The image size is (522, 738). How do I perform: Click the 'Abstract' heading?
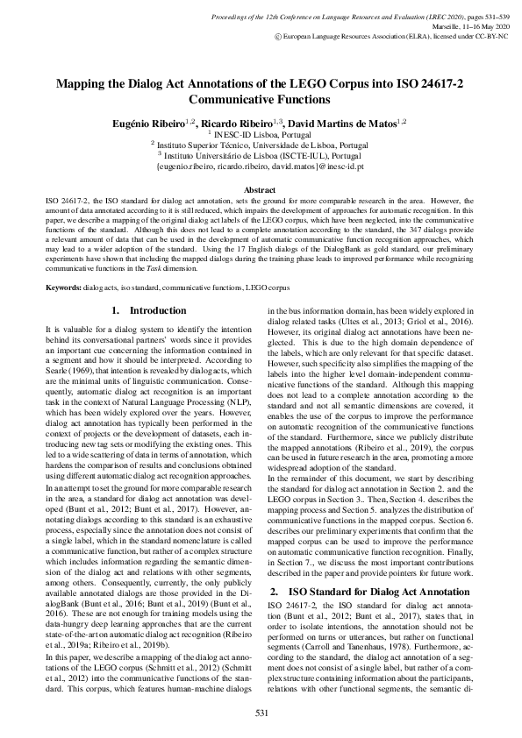[261, 189]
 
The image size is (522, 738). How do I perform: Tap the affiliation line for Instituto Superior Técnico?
[261, 145]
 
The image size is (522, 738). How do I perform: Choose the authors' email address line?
[261, 165]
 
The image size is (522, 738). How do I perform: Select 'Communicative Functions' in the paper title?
[261, 101]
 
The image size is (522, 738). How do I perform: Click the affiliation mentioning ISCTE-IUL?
[261, 154]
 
